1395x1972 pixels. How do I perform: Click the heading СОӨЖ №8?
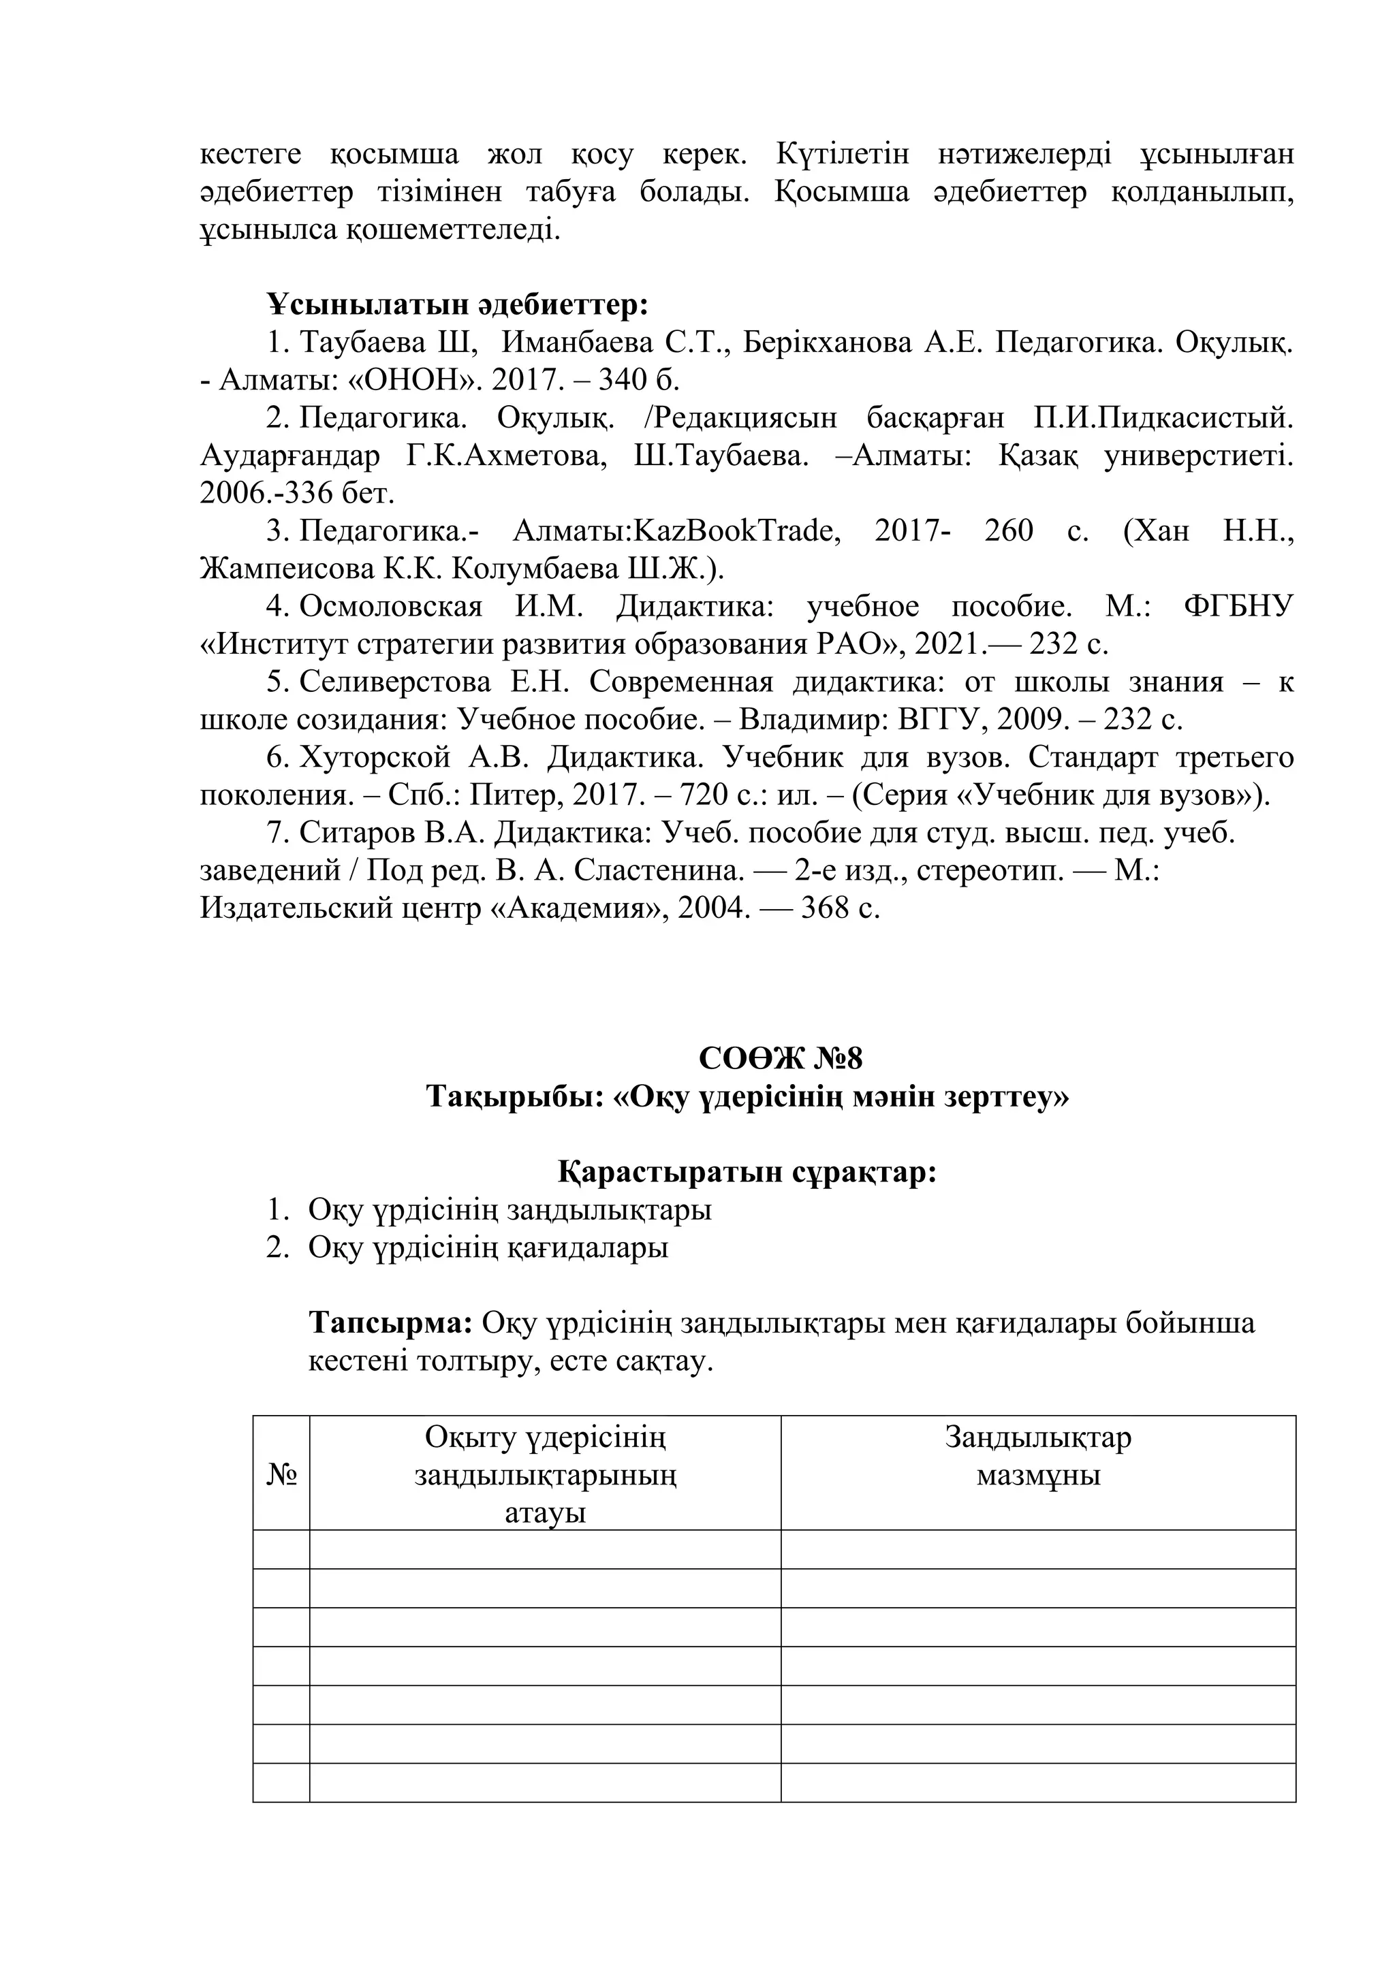pos(780,1058)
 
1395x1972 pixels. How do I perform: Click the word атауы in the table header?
pos(545,1512)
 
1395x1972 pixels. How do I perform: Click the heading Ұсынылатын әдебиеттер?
pos(457,304)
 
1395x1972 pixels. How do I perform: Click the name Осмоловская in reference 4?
pos(391,606)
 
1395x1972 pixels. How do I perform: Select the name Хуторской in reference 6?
pos(375,757)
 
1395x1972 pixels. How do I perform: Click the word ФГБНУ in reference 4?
pos(1237,606)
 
